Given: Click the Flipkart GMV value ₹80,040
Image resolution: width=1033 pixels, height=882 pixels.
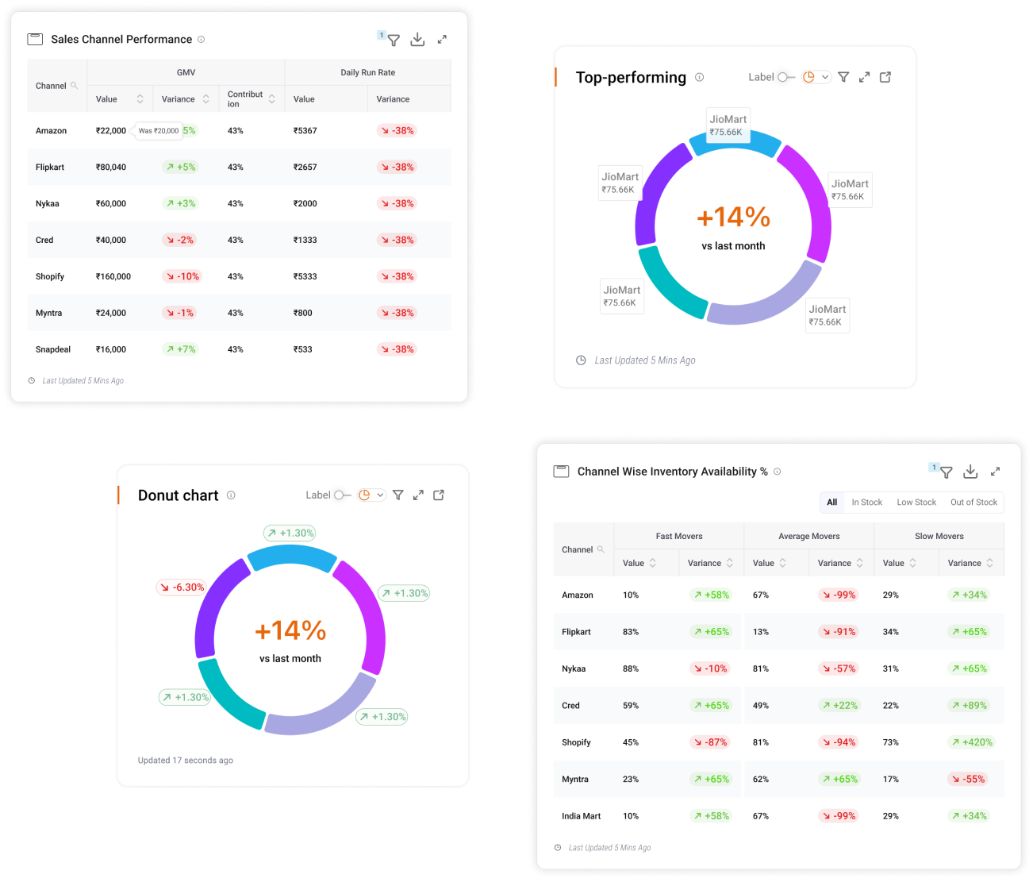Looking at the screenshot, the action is point(111,167).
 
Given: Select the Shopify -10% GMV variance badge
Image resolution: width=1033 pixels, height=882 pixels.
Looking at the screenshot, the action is point(182,276).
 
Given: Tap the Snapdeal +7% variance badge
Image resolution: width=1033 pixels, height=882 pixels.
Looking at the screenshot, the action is point(180,349).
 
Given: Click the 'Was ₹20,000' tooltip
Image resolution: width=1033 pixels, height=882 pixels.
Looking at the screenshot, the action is point(159,131).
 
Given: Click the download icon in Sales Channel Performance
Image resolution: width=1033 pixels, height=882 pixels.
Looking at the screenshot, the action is point(417,40).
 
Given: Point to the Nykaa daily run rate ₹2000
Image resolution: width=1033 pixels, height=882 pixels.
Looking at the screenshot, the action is point(305,203).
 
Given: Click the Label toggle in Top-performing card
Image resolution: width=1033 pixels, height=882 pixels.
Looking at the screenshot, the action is point(786,77).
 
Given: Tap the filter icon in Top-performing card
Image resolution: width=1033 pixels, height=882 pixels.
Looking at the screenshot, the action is point(843,77).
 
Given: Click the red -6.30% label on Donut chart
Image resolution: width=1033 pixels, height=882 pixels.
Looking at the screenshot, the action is point(182,587).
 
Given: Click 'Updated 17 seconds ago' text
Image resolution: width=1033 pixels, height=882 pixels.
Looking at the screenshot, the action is point(186,761).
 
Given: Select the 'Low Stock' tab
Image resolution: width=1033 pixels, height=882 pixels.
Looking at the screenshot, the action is point(916,502).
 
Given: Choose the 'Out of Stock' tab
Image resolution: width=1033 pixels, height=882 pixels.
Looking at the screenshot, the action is point(973,502).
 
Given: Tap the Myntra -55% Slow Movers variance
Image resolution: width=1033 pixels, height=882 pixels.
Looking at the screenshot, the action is point(967,779).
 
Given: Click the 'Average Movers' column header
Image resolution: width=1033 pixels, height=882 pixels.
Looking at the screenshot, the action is point(808,536).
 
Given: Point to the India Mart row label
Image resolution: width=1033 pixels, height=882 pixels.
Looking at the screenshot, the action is point(582,816).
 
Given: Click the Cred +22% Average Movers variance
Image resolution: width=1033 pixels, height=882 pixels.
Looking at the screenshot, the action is point(839,706).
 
